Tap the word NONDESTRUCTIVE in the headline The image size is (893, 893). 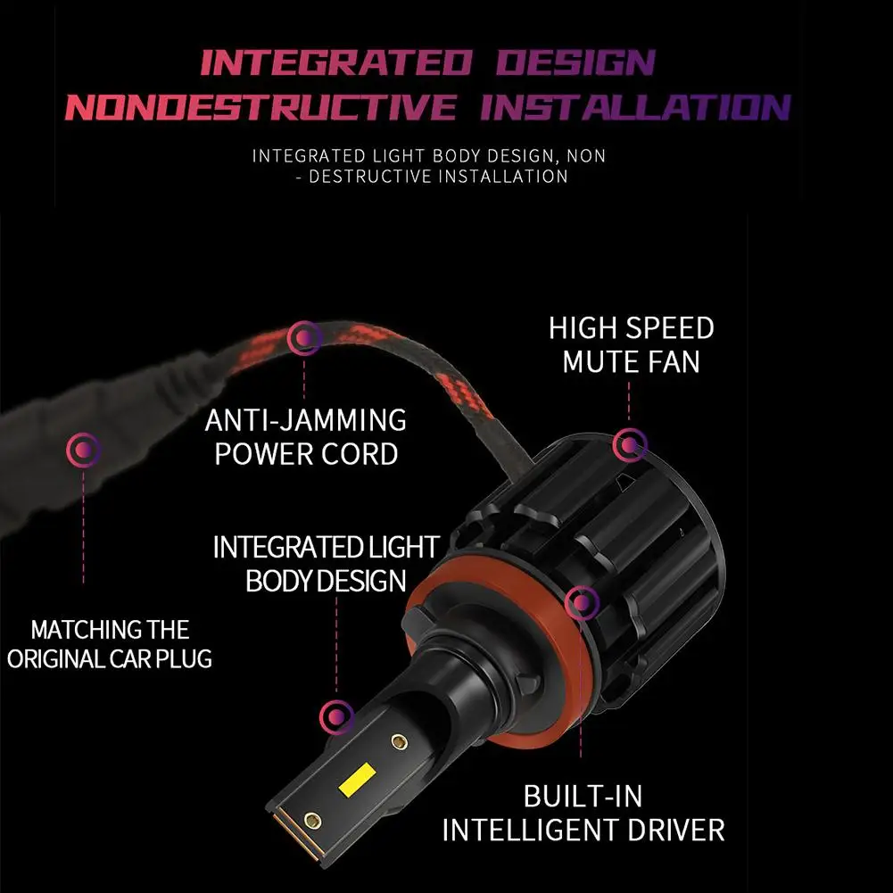click(260, 107)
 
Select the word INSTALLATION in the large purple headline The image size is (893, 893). click(635, 107)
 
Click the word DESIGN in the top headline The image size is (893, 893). click(575, 62)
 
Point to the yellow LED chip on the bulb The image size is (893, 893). click(357, 779)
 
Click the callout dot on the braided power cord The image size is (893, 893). click(304, 338)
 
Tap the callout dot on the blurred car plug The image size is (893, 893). click(84, 450)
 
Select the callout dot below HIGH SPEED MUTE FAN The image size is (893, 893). click(629, 444)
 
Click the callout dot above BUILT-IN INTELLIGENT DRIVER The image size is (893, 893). click(582, 602)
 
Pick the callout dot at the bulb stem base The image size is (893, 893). click(336, 716)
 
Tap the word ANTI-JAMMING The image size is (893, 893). click(306, 420)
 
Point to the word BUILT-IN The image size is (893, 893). click(583, 796)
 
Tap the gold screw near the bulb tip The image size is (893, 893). click(312, 821)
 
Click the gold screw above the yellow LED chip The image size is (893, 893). click(399, 741)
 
